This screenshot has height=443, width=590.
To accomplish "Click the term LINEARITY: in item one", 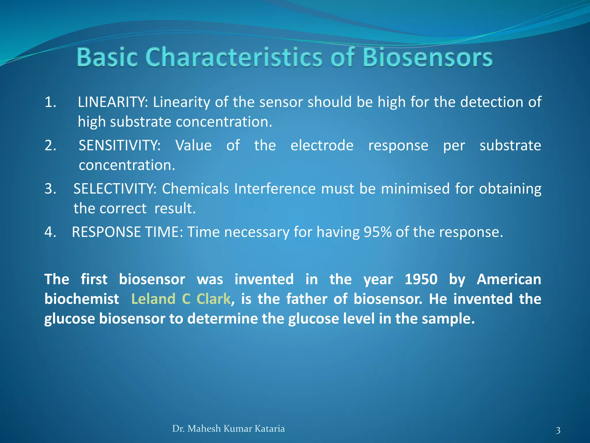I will click(113, 102).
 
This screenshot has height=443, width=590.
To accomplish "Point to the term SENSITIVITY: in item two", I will click(120, 145).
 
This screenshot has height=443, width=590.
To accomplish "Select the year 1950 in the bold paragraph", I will click(421, 279).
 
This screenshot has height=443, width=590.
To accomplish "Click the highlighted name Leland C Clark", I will click(181, 299).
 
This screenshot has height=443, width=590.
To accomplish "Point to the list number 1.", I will click(50, 102).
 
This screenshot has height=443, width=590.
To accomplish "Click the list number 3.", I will click(50, 189).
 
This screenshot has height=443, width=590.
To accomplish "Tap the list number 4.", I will click(50, 232).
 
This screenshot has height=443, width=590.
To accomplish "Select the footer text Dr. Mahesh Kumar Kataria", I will click(228, 429).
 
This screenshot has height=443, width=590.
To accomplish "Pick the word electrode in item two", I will click(322, 145).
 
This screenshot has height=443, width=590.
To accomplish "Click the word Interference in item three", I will click(275, 189).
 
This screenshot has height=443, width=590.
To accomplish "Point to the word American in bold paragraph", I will click(509, 279).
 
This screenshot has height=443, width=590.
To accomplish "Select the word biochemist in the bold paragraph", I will click(82, 299).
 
